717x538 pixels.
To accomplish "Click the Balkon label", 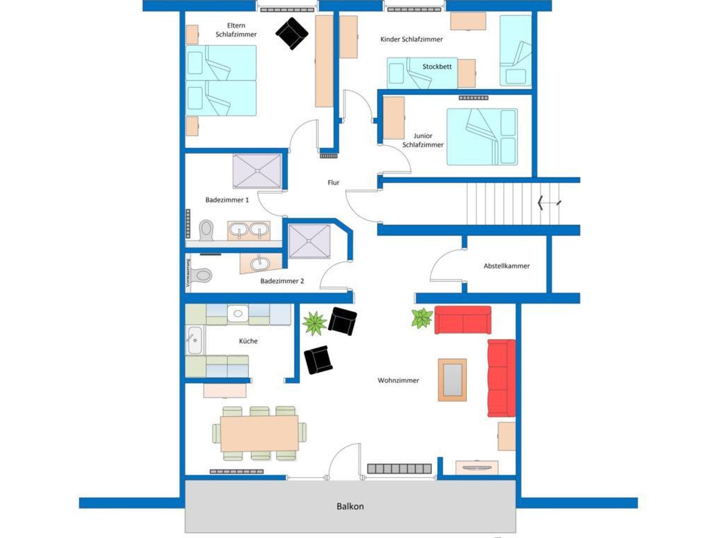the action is pos(350,506).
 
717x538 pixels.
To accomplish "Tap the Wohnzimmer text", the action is pos(398,380).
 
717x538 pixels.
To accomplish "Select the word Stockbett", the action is pos(437,66).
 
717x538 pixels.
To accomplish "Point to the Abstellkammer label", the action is pos(506,266).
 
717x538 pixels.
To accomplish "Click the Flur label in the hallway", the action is pos(333,182).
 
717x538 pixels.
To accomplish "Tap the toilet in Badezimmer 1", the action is pos(206,230).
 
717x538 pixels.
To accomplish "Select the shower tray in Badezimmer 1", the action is pos(257,171).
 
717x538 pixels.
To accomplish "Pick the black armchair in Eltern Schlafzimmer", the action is pos(292,34).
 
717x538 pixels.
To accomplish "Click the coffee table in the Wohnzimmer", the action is pos(452,380).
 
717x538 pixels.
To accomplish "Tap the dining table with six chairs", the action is pos(259,433).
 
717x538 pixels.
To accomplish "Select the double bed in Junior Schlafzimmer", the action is pos(482,137).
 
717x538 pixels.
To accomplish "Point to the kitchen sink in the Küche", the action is pos(195,340).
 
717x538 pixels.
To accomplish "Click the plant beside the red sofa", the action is pos(422,318).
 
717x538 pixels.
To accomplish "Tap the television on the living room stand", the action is pos(476,468).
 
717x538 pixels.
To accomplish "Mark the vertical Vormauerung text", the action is pos(188,273).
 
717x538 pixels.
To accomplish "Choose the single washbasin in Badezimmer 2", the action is pos(260,263).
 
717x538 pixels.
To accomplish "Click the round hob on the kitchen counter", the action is pos(238,313).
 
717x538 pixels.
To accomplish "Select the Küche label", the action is pos(248,341).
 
